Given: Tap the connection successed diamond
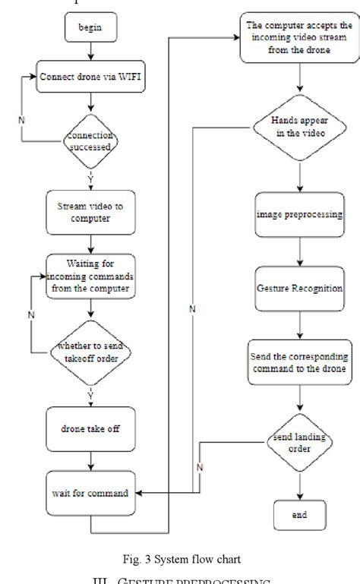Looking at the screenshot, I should [x=91, y=141].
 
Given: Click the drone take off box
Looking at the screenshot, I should [x=90, y=428].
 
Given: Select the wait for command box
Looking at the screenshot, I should [x=90, y=492].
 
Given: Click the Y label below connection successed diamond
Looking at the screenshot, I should [x=91, y=179].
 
